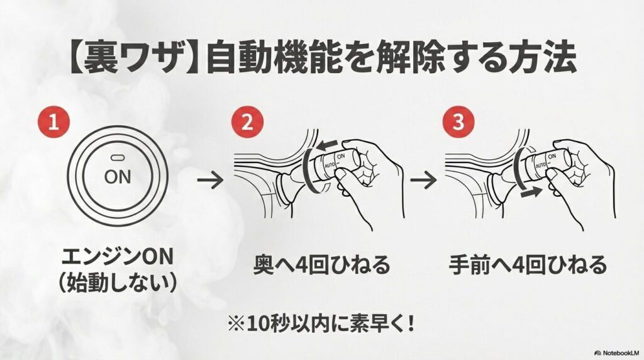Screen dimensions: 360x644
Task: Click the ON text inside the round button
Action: [x=118, y=177]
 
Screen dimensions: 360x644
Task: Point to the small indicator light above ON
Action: [x=118, y=156]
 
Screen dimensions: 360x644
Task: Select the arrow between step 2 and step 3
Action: [x=424, y=181]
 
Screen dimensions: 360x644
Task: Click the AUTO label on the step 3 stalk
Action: [x=537, y=165]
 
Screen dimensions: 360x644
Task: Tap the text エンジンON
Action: [x=117, y=258]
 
